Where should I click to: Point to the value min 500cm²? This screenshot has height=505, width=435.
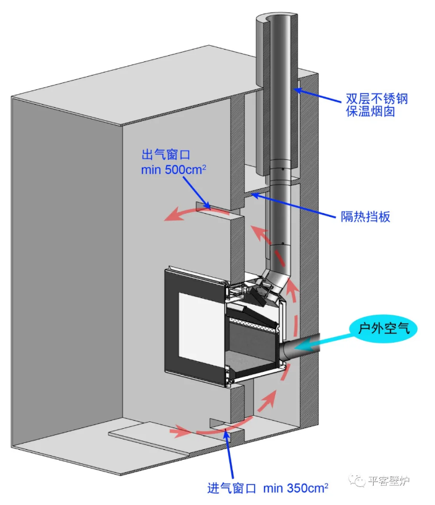[175, 169]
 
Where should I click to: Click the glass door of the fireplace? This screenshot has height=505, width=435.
[197, 324]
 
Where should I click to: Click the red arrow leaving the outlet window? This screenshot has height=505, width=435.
[186, 213]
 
